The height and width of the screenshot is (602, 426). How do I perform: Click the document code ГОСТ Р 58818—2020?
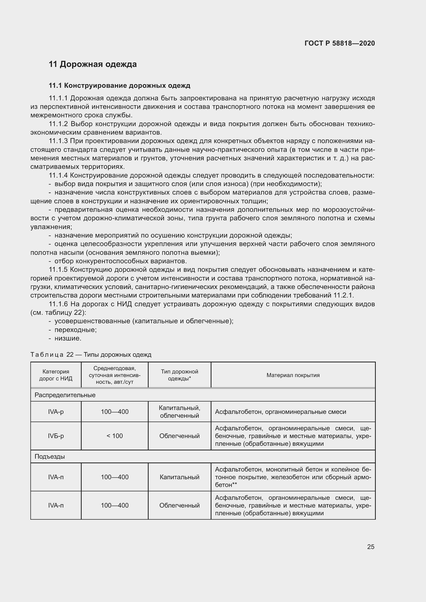click(x=339, y=43)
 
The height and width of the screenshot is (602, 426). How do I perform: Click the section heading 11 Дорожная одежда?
click(x=93, y=64)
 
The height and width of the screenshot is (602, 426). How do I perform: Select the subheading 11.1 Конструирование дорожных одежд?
click(x=119, y=85)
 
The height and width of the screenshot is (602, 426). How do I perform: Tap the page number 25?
click(x=371, y=547)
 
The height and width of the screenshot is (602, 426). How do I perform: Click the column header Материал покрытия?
click(x=293, y=375)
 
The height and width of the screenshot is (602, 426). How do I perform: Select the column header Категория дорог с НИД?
click(x=56, y=375)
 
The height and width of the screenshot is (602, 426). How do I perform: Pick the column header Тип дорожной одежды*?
click(x=180, y=375)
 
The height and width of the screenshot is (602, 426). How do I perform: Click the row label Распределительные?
click(x=65, y=395)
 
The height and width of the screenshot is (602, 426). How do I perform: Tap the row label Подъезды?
click(x=50, y=457)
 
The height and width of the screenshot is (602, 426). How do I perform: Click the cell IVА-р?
click(x=56, y=412)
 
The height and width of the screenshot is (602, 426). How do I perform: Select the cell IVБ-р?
click(x=56, y=436)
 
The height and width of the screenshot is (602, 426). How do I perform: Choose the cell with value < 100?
click(x=115, y=436)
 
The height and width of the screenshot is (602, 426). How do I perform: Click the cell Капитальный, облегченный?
click(x=180, y=412)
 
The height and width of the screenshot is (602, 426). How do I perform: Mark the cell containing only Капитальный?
click(x=180, y=477)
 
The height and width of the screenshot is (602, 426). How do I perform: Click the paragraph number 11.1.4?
click(x=58, y=176)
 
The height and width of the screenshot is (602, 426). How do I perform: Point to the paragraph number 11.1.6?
click(x=58, y=304)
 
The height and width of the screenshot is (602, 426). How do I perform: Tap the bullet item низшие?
click(x=68, y=338)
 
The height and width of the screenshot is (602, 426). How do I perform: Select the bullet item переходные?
click(x=75, y=330)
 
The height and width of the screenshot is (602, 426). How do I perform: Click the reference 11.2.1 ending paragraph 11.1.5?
click(x=343, y=295)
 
